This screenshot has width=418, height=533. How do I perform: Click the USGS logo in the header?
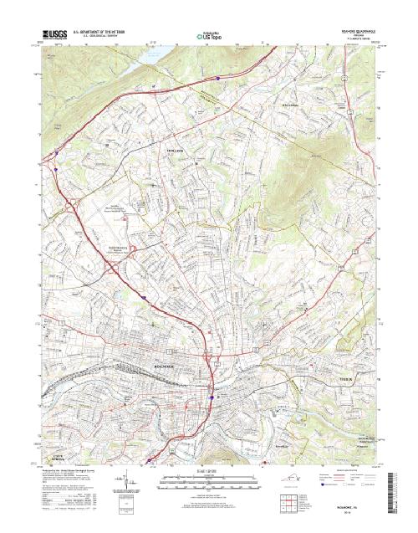(x=52, y=37)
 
